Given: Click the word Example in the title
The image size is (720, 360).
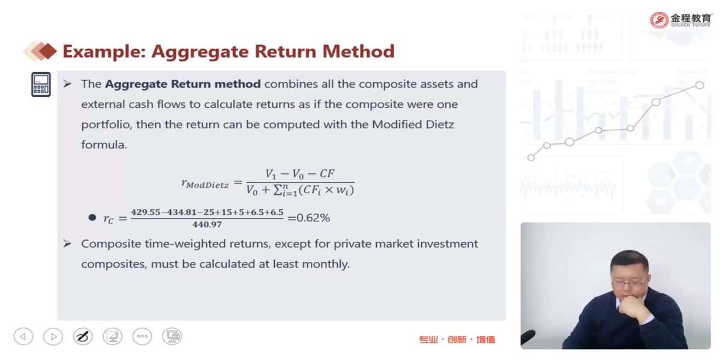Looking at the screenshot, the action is (104, 52).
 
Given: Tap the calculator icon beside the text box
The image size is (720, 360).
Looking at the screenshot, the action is (41, 84).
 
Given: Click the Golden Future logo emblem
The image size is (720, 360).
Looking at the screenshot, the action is (659, 20).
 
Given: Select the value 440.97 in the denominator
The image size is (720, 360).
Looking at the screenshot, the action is (207, 224).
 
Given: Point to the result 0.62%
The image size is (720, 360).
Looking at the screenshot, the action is (313, 218).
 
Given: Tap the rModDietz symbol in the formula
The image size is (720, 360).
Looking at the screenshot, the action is (205, 184).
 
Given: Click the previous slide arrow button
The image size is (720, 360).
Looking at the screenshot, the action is (23, 337).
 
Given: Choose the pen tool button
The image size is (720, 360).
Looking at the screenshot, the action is (83, 337).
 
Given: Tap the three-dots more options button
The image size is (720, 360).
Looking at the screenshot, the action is (142, 337).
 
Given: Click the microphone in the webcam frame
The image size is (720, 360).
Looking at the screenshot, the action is (528, 337).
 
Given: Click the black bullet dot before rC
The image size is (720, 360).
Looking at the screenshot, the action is (92, 218).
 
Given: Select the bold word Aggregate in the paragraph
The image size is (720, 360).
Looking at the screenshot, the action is (136, 84).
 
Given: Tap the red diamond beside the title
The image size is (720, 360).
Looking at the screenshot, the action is (47, 52).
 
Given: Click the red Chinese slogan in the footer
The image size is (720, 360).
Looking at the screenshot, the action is (457, 340).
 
